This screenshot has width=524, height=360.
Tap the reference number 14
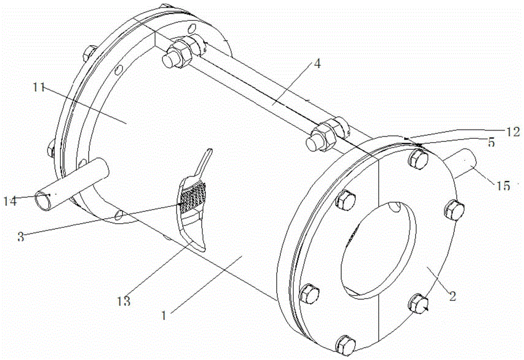(10, 201)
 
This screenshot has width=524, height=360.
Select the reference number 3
(21, 237)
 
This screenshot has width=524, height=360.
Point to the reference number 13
(123, 301)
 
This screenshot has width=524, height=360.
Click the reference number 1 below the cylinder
(163, 315)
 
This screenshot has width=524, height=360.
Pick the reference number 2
(452, 296)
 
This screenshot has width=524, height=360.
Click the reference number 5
(491, 141)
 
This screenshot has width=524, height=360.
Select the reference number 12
(512, 132)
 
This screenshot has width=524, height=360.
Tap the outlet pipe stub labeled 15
(463, 164)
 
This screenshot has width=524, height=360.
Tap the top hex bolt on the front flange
(418, 157)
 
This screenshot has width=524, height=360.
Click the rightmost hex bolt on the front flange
(454, 210)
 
